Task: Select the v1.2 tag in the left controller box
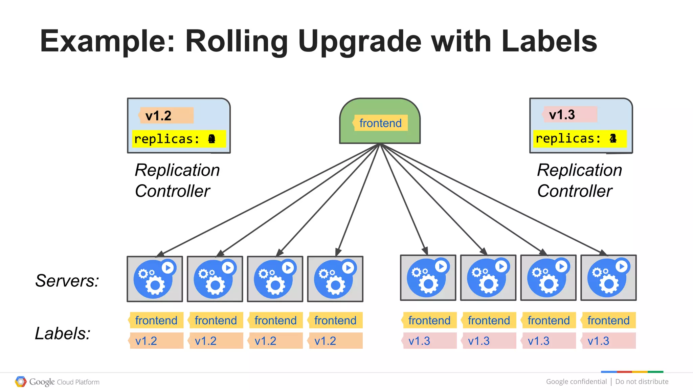[166, 115]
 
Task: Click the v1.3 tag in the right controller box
[569, 114]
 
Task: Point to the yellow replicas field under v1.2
[178, 139]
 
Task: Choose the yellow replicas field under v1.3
[580, 138]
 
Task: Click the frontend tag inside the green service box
[380, 123]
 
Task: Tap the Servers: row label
[67, 281]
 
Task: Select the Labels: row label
[63, 333]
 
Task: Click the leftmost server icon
[155, 279]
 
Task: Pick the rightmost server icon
[608, 278]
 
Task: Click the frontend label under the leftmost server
[156, 320]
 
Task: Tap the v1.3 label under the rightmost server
[608, 341]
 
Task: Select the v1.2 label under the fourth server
[335, 341]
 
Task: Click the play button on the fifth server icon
[441, 266]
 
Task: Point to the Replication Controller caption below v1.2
[177, 180]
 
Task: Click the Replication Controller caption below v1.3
[579, 180]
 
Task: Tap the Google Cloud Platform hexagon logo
[21, 382]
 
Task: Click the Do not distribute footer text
[642, 382]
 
